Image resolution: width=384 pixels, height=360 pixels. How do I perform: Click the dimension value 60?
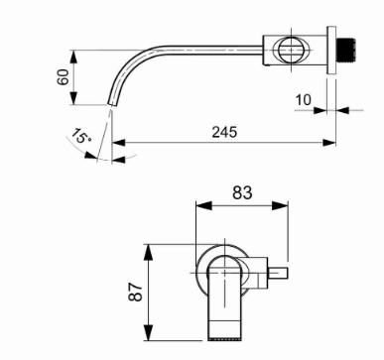click(64, 77)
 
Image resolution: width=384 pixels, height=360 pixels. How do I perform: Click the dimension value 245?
click(224, 132)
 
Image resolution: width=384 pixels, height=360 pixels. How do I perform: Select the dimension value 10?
click(303, 100)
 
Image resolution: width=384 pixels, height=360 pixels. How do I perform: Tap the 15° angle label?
click(80, 135)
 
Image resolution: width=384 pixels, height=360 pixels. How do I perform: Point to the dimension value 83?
click(242, 192)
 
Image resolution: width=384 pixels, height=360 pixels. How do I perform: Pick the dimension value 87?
click(136, 292)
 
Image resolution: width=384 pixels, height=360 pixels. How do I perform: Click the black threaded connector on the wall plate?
click(346, 50)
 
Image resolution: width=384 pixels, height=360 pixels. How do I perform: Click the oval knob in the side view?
click(291, 50)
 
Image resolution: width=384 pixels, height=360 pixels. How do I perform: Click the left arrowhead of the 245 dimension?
click(118, 143)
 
